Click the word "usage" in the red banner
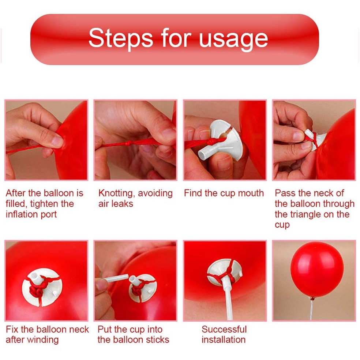pos(233,40)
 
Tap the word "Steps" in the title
pos(120,38)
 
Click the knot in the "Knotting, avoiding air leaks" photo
pos(128,143)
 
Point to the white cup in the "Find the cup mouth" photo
pos(220,140)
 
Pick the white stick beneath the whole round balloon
pos(312,310)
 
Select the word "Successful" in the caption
pos(224,329)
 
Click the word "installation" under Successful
pos(224,340)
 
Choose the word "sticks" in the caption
pos(157,340)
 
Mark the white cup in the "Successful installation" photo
pos(225,272)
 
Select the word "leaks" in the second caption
pos(122,204)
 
